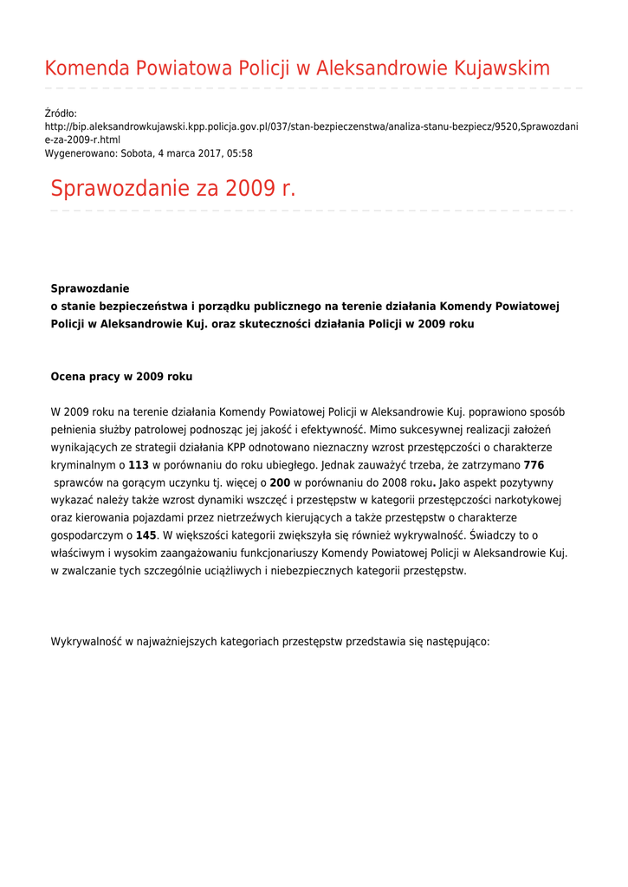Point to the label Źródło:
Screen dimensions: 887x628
(x=61, y=113)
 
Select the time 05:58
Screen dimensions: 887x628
(x=240, y=153)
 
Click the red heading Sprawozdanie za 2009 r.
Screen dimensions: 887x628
(x=173, y=188)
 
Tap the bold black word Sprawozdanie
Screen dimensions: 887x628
(x=90, y=288)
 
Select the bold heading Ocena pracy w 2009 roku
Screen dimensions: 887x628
(x=121, y=377)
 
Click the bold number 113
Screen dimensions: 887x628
(x=139, y=465)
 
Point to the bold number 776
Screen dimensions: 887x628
(x=534, y=465)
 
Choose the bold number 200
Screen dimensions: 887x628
(x=280, y=482)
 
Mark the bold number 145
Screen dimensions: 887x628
(x=146, y=535)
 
